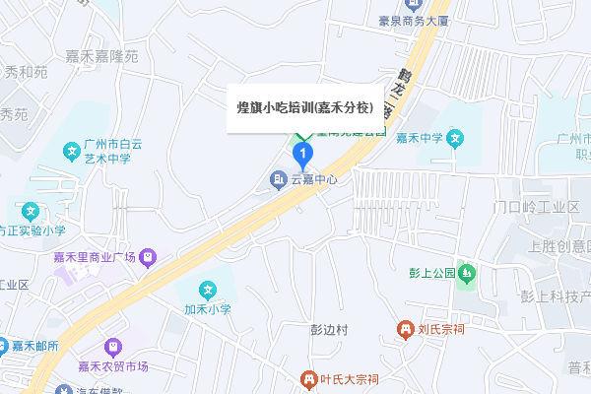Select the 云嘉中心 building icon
click(x=279, y=179)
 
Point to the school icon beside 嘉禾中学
click(x=454, y=137)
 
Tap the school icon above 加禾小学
click(x=208, y=291)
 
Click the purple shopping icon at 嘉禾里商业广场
click(x=147, y=257)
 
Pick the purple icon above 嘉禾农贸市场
click(x=113, y=348)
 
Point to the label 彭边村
click(x=329, y=330)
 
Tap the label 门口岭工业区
click(x=536, y=207)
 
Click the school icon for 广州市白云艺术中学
click(x=71, y=152)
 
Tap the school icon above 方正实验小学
click(x=31, y=211)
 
